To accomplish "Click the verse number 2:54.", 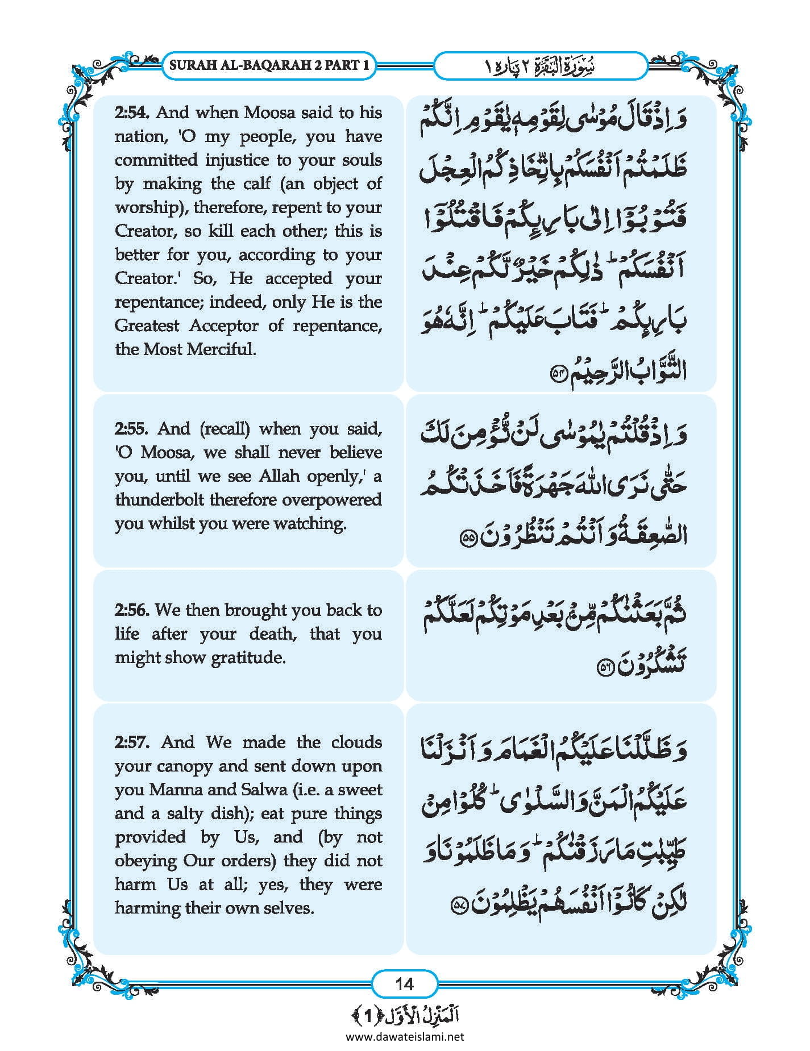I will click(131, 112).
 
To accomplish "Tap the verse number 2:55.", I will click(131, 428).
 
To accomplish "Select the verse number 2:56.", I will click(131, 610).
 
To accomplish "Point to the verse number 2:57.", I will click(132, 742).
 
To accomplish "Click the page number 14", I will click(404, 983).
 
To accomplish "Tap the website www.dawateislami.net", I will click(405, 1036).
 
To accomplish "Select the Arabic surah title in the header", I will click(541, 66).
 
